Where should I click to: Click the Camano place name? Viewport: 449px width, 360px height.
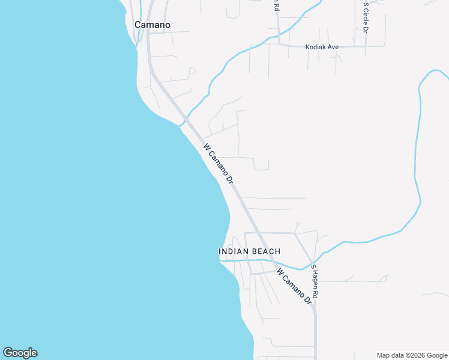pyautogui.click(x=152, y=25)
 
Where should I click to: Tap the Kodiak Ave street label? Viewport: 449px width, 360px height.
pyautogui.click(x=322, y=47)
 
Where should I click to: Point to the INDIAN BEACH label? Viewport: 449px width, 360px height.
pyautogui.click(x=249, y=251)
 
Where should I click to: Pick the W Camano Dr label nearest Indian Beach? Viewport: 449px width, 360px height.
pyautogui.click(x=295, y=286)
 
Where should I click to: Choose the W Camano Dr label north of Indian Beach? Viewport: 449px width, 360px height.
pyautogui.click(x=217, y=163)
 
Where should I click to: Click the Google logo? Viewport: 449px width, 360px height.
pyautogui.click(x=20, y=353)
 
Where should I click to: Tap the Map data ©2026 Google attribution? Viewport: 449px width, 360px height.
pyautogui.click(x=412, y=355)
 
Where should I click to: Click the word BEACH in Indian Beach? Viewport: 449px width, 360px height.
pyautogui.click(x=265, y=251)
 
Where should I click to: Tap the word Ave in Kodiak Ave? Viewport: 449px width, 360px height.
pyautogui.click(x=333, y=47)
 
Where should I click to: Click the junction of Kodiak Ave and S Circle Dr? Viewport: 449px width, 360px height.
pyautogui.click(x=366, y=46)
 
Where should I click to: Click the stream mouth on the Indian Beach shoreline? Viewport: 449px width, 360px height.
pyautogui.click(x=221, y=260)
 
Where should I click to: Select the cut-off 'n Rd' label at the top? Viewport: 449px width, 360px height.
pyautogui.click(x=277, y=6)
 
